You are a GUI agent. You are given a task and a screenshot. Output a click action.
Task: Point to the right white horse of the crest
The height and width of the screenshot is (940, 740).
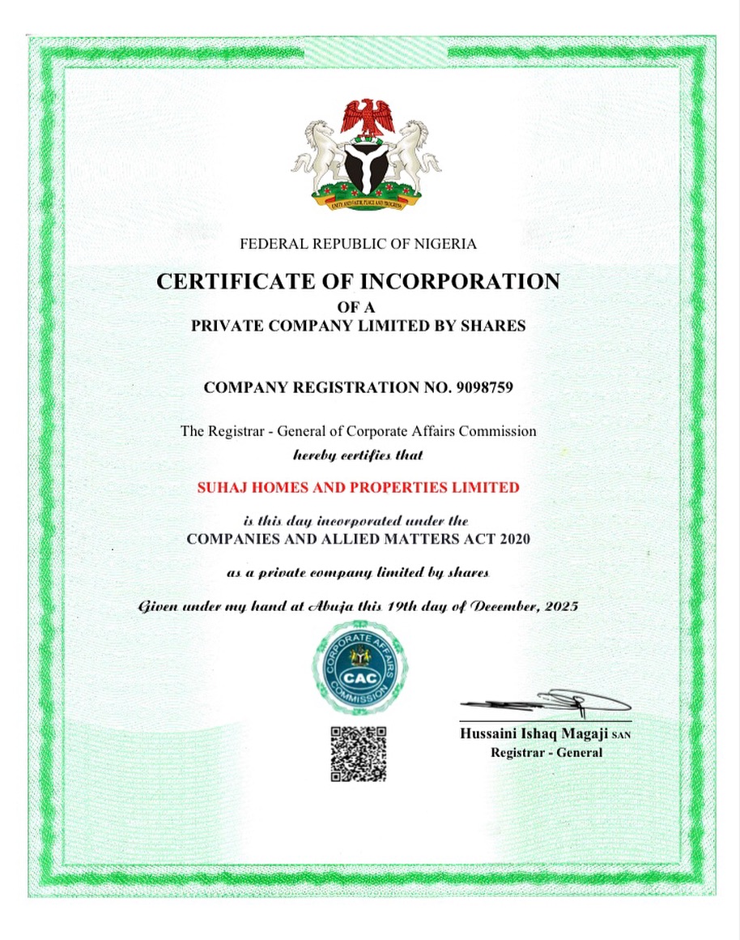(416, 154)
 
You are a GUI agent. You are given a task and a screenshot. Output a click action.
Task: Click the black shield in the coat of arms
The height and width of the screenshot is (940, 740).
(367, 166)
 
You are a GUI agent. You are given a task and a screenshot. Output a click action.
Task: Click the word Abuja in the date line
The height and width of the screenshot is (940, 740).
(351, 606)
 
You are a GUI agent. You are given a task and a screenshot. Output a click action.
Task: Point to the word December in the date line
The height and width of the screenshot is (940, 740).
(493, 606)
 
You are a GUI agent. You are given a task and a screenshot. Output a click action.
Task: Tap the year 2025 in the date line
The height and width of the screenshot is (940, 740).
(559, 606)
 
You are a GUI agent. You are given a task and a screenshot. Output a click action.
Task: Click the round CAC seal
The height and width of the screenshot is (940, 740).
(360, 667)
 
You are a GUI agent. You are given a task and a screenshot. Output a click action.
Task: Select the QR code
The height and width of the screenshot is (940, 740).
(358, 754)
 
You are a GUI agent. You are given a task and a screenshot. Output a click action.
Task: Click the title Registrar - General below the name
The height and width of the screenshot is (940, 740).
(546, 753)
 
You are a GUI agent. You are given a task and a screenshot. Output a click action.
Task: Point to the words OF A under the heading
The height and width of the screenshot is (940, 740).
(357, 307)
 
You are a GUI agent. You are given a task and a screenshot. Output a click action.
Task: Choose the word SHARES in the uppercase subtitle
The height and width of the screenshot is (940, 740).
(493, 327)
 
